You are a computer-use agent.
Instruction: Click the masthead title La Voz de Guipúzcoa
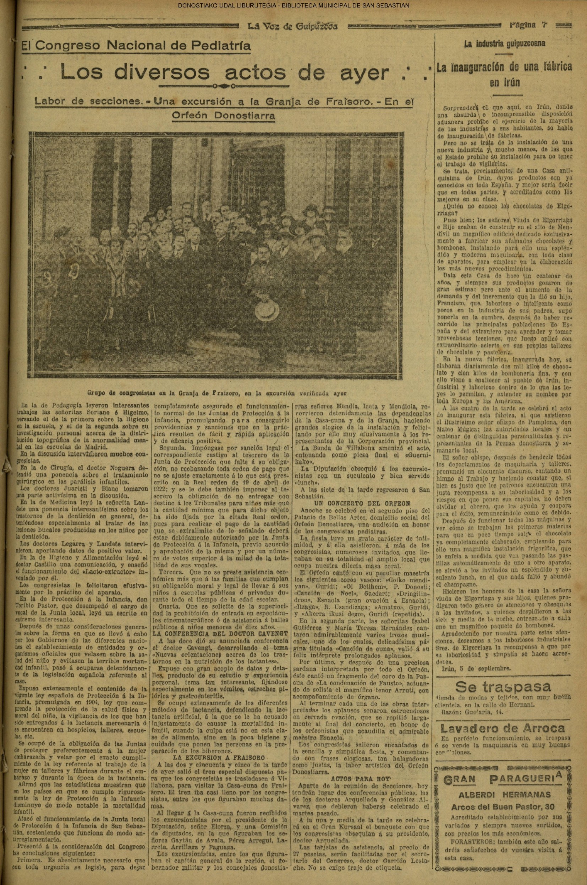293,26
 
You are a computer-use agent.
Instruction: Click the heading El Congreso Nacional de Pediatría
136,46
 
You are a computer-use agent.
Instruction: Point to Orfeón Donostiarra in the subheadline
223,115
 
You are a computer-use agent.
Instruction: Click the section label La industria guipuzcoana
504,43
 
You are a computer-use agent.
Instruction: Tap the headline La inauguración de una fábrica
504,68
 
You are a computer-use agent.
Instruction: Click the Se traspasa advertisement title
503,687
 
